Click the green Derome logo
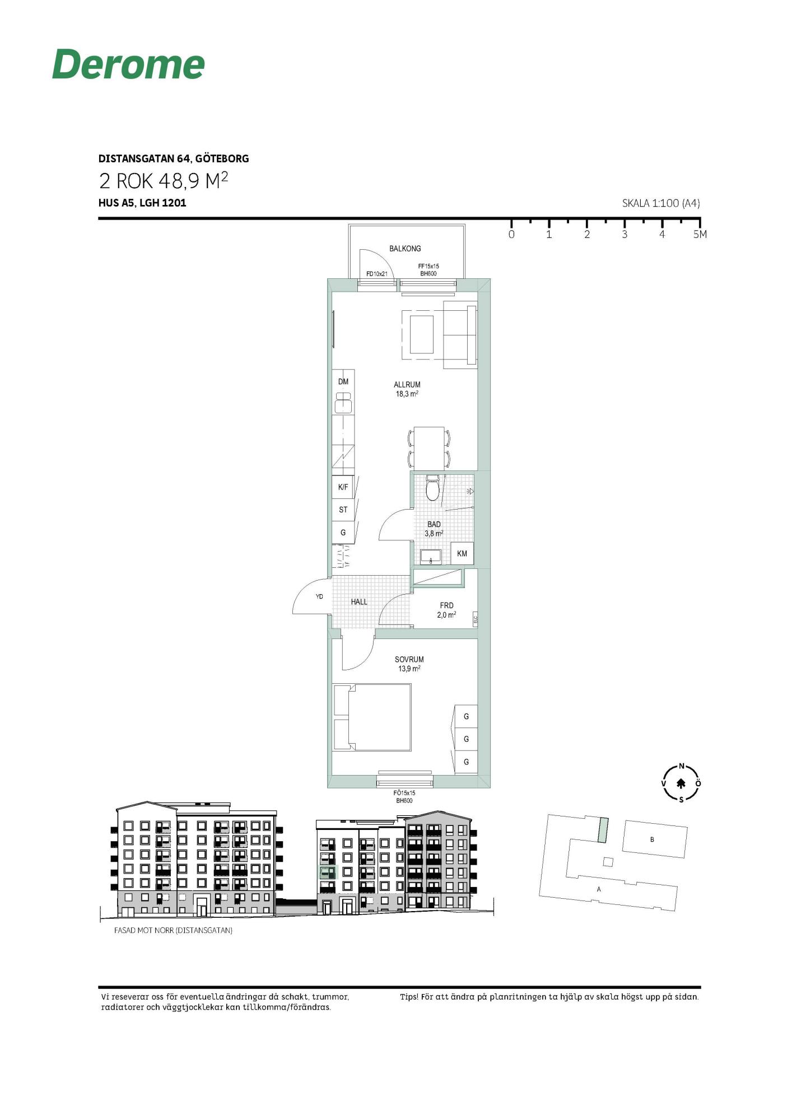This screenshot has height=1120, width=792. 128,64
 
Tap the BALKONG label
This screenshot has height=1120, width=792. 405,249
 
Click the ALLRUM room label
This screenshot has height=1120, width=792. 407,385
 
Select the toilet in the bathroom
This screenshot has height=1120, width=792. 432,488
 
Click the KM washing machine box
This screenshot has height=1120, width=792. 462,553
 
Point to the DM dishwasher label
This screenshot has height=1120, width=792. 343,382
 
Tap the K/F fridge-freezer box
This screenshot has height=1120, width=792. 343,487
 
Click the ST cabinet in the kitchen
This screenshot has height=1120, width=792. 343,510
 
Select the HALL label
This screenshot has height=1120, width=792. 359,602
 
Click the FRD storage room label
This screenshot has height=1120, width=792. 446,605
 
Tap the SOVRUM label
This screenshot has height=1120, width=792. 409,660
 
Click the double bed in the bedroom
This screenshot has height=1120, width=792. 372,717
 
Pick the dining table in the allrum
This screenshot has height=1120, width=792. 429,448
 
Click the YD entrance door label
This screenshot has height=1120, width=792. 319,596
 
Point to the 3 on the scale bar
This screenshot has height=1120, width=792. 625,235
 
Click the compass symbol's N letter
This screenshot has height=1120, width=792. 682,766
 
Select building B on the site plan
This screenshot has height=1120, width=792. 654,839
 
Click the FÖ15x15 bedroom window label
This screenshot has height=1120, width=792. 404,793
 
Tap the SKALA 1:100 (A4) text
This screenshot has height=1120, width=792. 661,203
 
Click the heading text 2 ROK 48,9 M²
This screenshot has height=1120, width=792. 164,181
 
